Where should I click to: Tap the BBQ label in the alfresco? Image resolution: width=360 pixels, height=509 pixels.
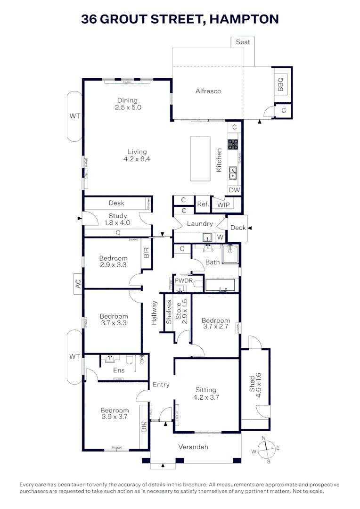tap(280, 84)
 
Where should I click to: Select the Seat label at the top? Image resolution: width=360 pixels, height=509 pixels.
tap(243, 42)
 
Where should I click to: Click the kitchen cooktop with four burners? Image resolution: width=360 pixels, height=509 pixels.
tap(233, 144)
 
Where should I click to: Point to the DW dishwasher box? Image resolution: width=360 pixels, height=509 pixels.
tap(234, 190)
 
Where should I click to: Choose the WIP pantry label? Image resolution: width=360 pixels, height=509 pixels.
tap(223, 205)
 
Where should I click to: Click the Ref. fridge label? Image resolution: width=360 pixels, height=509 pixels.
tap(203, 204)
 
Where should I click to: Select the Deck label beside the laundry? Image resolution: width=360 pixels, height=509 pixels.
tap(238, 228)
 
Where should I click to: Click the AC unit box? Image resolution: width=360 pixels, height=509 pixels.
tap(78, 284)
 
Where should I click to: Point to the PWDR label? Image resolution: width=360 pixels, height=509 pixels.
tap(184, 281)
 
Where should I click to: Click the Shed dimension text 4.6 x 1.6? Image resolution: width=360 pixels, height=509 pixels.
tap(258, 386)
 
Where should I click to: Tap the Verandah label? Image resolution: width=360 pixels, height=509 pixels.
tap(193, 447)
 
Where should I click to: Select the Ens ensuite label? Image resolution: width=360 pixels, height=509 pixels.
tap(119, 370)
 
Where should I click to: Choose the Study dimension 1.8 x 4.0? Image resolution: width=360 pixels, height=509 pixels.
tap(117, 222)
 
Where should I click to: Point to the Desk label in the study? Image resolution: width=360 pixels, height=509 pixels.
tap(116, 203)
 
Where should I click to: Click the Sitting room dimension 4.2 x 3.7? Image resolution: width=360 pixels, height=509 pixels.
tap(206, 397)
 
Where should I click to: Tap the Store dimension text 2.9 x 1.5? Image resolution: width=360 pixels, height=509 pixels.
tap(185, 313)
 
